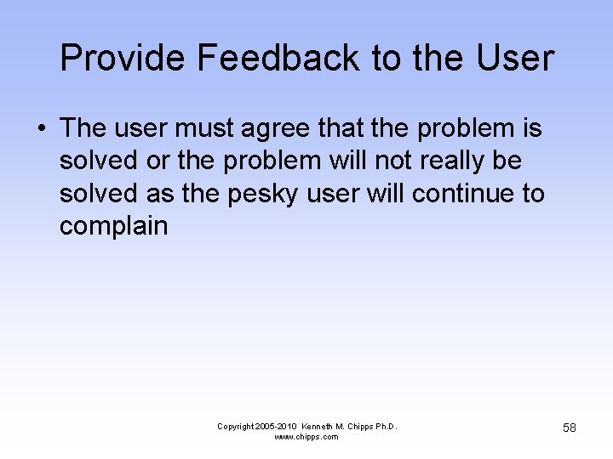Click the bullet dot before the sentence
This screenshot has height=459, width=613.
(x=41, y=128)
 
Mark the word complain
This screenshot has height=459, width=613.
(x=113, y=226)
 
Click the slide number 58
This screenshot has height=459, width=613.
(x=570, y=428)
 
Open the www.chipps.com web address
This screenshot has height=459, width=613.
(x=306, y=437)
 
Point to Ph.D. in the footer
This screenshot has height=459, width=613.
(x=385, y=426)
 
